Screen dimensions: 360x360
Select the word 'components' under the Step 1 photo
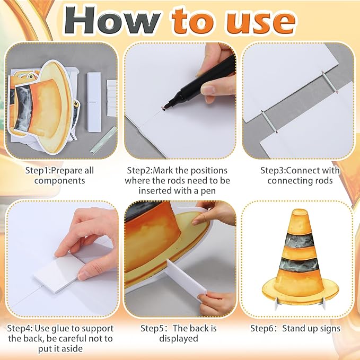pos(60,181)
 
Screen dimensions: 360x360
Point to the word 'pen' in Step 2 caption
pos(208,191)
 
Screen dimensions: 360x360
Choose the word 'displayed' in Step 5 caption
pos(178,339)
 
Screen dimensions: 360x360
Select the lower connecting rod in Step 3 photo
pos(269,122)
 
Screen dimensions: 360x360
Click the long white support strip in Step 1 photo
pos(94,102)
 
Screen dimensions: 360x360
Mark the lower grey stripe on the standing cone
pos(299,265)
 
